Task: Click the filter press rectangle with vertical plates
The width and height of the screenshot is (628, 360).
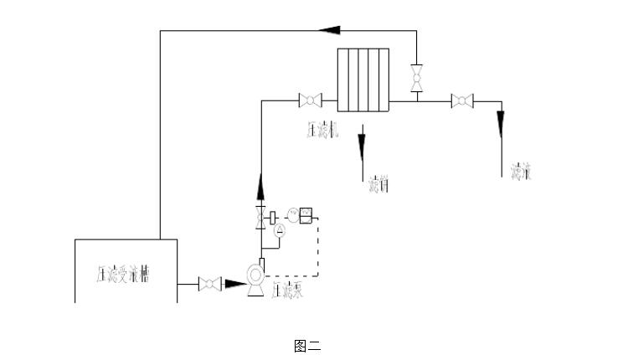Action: tap(363, 80)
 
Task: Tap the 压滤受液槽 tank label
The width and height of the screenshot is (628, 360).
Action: tap(123, 274)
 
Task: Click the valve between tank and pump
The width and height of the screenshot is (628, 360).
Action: tap(208, 285)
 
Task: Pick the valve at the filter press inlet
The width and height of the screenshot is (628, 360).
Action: tap(310, 101)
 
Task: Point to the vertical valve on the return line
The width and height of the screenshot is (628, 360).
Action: tap(416, 78)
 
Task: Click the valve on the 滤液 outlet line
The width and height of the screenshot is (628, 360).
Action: tap(461, 101)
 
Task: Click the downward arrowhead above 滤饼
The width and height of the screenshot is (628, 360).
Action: tap(362, 147)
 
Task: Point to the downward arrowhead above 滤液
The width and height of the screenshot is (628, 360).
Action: tap(501, 126)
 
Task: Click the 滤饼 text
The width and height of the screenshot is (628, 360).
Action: tap(378, 183)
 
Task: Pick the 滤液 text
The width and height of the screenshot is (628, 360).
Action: tap(522, 172)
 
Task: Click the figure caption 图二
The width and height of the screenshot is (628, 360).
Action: tap(307, 345)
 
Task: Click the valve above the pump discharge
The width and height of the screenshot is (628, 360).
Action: tap(260, 218)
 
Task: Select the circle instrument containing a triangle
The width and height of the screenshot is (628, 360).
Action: tap(281, 229)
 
